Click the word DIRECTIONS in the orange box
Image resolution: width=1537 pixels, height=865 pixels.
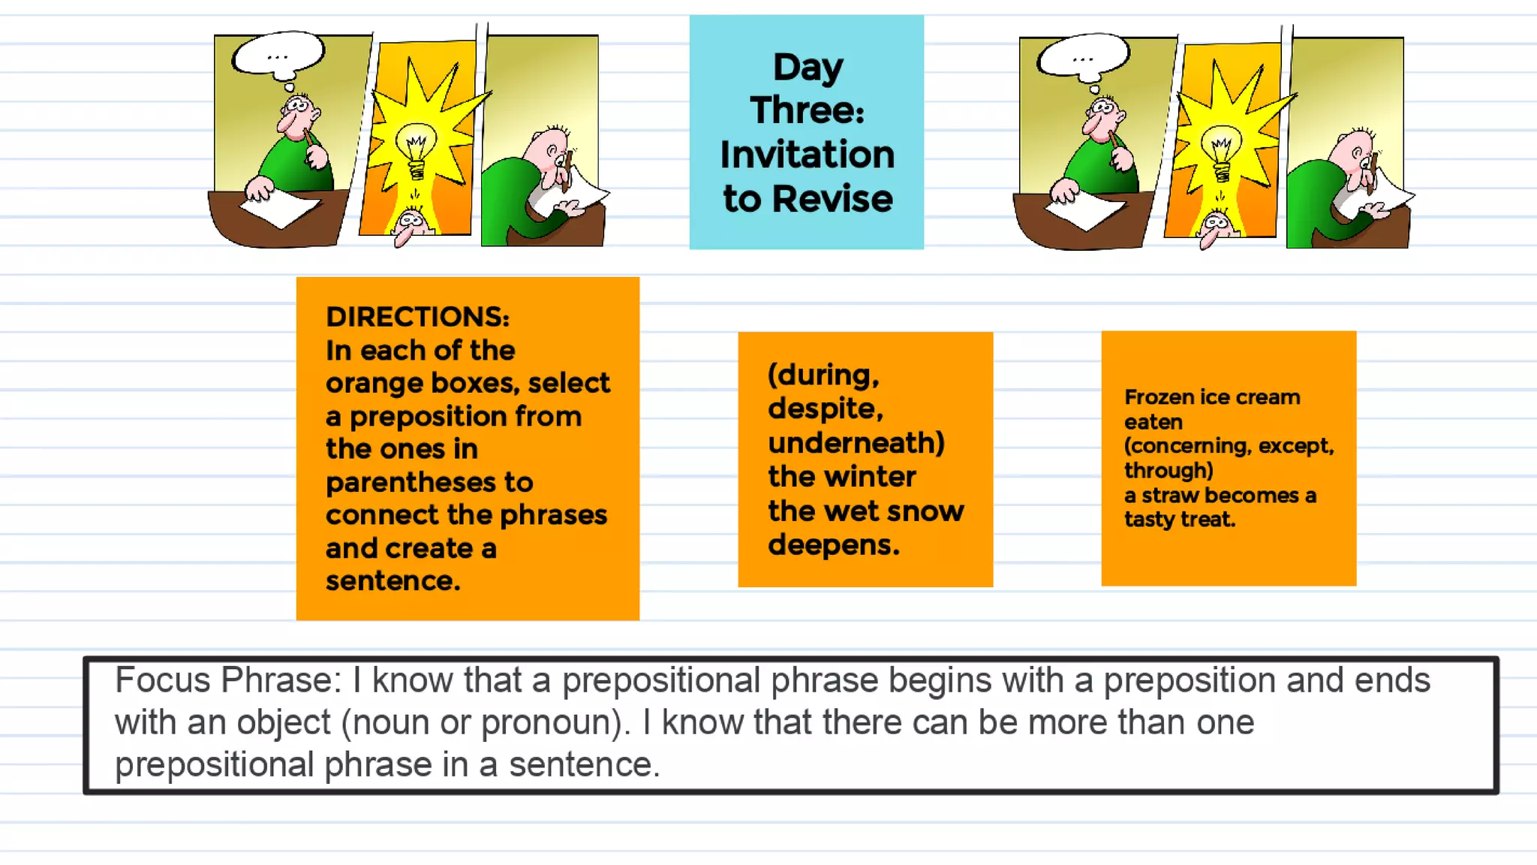(417, 317)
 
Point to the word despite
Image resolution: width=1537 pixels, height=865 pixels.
(824, 409)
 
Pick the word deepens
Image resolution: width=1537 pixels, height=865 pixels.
(833, 545)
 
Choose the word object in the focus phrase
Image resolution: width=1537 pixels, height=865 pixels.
(283, 722)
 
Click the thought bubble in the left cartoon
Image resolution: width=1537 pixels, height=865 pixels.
(278, 54)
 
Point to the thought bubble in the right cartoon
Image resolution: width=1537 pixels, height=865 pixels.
(1083, 56)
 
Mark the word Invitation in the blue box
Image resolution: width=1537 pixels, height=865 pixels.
(807, 155)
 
